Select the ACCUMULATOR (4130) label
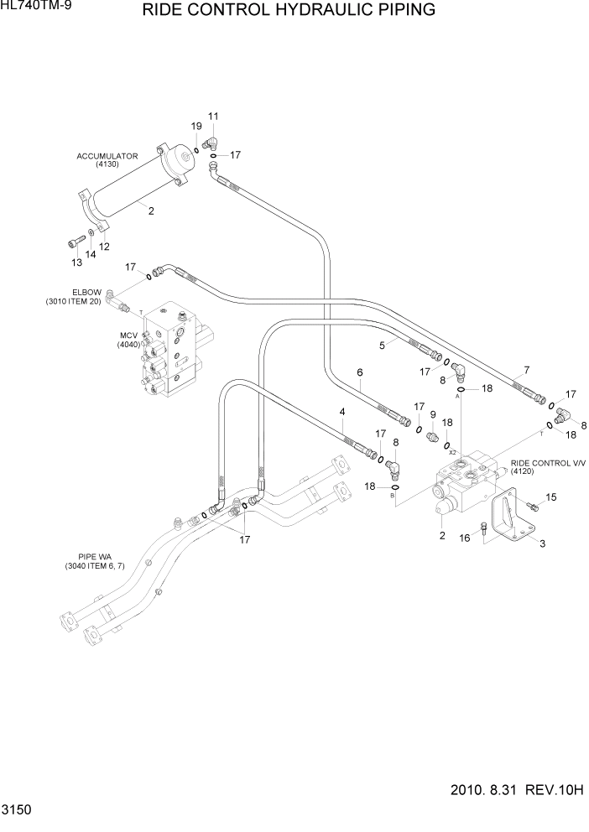click(x=107, y=160)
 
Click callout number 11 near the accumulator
click(x=213, y=116)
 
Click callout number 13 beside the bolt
click(x=76, y=263)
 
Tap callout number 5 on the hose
click(x=382, y=345)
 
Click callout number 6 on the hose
click(x=359, y=372)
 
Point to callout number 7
click(x=526, y=370)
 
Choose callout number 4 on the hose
click(x=342, y=411)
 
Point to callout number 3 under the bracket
click(x=542, y=543)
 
